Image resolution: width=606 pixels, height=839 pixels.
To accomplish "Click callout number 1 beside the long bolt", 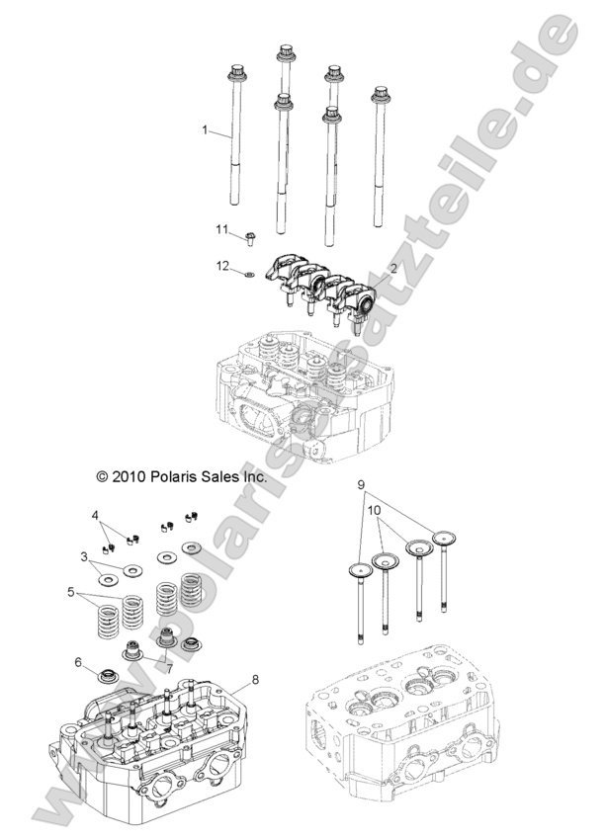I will (205, 129).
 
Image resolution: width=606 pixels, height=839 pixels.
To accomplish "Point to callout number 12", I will (223, 265).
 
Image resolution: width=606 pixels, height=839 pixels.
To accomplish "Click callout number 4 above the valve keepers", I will (96, 515).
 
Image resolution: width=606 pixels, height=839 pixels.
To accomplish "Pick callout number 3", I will (85, 555).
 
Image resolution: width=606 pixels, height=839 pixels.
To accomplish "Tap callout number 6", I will (77, 662).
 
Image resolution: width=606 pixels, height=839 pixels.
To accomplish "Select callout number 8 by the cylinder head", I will (255, 679).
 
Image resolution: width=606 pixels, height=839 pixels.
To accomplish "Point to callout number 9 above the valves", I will (362, 485).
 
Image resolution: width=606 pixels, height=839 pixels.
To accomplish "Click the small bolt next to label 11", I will (248, 237).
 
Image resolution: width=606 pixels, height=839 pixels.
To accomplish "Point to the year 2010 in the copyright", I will (130, 475).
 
